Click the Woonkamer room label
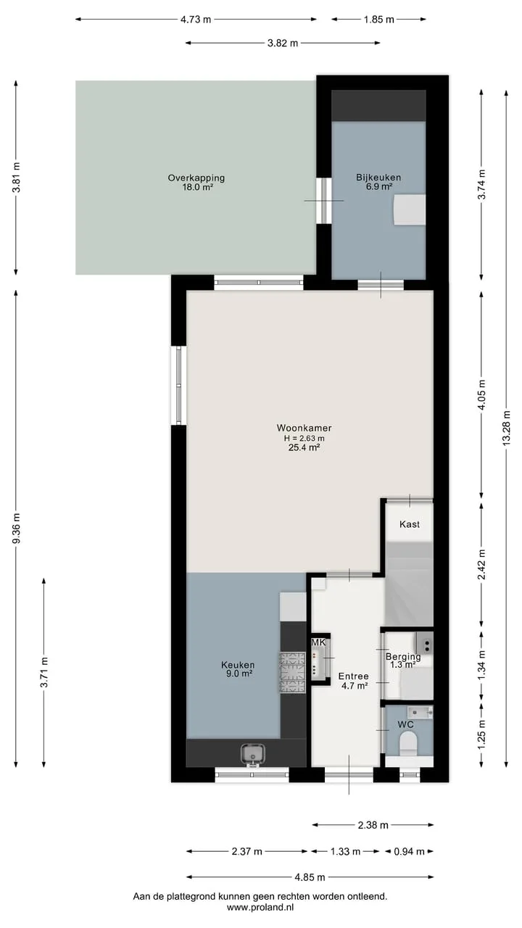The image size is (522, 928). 304,428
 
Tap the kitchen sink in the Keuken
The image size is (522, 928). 253,753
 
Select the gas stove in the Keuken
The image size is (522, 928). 293,673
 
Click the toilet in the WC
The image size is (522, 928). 408,744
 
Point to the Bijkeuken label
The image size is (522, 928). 378,178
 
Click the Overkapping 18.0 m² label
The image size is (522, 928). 196,182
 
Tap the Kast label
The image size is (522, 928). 410,524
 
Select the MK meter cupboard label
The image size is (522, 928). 318,642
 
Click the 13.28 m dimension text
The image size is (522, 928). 506,428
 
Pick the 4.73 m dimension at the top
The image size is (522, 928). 196,20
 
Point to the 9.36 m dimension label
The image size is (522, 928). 16,529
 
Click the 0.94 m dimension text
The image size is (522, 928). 410,852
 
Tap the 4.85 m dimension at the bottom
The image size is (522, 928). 310,877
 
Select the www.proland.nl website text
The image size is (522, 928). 260,907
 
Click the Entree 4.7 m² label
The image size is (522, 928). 353,681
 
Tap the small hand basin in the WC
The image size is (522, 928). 420,713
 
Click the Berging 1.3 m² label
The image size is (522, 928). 403,660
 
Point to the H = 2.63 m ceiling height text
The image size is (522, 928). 304,438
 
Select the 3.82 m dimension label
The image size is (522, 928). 283,43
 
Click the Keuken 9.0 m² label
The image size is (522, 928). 238,669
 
